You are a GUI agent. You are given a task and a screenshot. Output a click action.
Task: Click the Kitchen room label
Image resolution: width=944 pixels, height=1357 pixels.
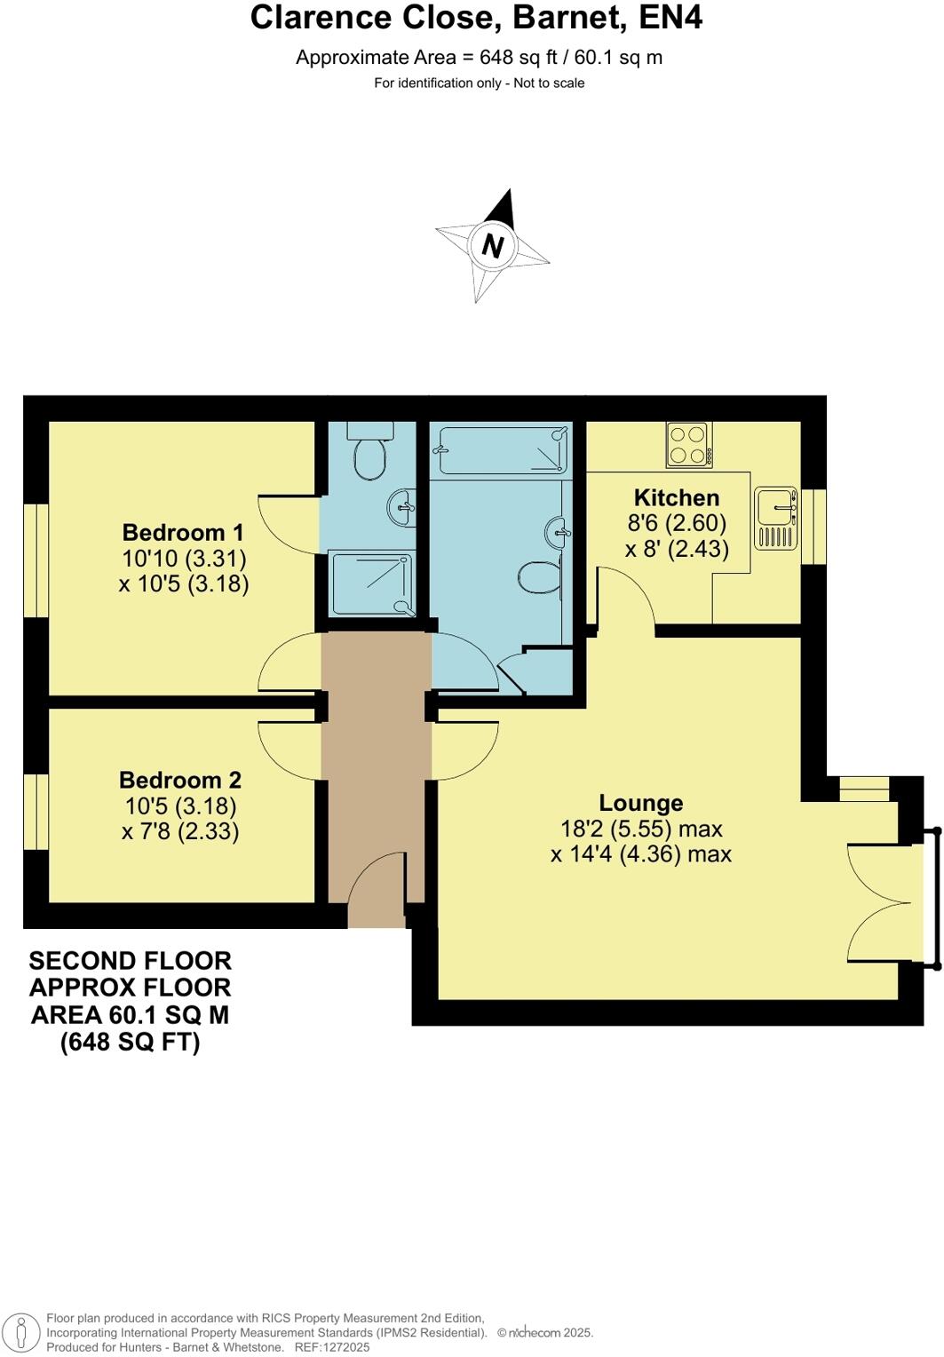coord(676,497)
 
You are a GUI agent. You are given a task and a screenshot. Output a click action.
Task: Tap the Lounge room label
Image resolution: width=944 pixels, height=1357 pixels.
coord(640,803)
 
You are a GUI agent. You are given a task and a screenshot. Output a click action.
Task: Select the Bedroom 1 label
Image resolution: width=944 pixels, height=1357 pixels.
coord(183,533)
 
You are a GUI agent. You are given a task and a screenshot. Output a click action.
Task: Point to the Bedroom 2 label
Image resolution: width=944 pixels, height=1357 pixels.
coord(180,780)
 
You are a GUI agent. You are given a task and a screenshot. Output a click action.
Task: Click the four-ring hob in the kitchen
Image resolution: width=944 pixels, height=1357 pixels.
coord(689,445)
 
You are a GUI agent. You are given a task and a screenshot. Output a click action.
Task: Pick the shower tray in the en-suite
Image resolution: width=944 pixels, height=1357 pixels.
coord(372,583)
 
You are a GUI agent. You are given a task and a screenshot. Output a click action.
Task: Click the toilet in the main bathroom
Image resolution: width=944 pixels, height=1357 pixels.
coord(537,576)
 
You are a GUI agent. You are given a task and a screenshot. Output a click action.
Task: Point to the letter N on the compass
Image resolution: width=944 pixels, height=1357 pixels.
coord(492,246)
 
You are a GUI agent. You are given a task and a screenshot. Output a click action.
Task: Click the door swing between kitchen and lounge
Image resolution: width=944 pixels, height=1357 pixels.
coord(625,599)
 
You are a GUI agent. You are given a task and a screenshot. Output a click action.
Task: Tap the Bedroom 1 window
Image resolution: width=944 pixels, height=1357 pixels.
coord(36,559)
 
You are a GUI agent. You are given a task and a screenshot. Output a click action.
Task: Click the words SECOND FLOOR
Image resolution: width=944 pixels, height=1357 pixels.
coord(130,961)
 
